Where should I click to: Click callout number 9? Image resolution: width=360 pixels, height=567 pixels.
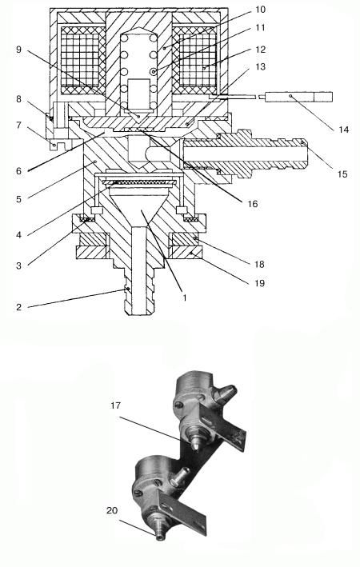[x=18, y=49]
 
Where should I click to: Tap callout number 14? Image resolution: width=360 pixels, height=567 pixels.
[x=344, y=129]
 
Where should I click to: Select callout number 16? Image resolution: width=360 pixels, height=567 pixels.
[x=253, y=204]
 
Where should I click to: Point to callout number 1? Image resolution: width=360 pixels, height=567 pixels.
[x=185, y=297]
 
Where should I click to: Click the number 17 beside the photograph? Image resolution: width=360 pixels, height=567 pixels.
[x=115, y=405]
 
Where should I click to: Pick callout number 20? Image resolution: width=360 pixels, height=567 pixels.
[x=112, y=510]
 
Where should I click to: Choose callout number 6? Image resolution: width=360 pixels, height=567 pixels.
[x=19, y=170]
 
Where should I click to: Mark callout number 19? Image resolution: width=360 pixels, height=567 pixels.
[x=260, y=282]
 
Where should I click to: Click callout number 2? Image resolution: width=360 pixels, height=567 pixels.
[x=19, y=307]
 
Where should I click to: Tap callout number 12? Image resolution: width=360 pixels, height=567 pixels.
[x=261, y=49]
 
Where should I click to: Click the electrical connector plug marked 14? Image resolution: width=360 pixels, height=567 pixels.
[x=299, y=97]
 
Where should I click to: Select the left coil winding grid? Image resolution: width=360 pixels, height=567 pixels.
[x=80, y=61]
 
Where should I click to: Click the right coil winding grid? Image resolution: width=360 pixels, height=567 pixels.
[x=198, y=61]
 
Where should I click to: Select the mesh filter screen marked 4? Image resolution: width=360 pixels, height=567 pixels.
[x=140, y=183]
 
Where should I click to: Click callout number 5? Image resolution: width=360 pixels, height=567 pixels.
[x=19, y=198]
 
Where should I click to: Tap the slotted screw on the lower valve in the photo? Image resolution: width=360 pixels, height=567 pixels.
[x=138, y=493]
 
